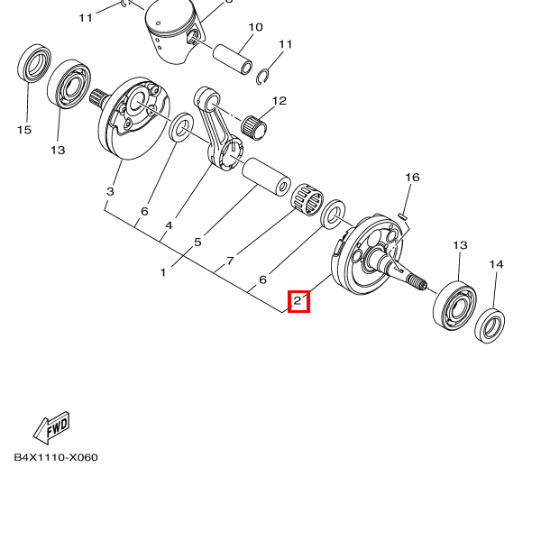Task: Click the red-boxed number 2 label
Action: [x=298, y=301]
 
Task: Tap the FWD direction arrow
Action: [x=50, y=426]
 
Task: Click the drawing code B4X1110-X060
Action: [x=56, y=457]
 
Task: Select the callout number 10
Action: [x=255, y=27]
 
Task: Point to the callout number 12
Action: [x=279, y=101]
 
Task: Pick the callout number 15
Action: [x=24, y=130]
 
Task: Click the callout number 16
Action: [x=412, y=178]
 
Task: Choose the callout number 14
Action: [x=496, y=264]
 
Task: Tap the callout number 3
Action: [x=110, y=192]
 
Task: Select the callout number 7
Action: [x=231, y=261]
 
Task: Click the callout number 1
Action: [x=163, y=271]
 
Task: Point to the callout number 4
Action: [x=169, y=225]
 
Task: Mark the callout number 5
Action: [x=197, y=242]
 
